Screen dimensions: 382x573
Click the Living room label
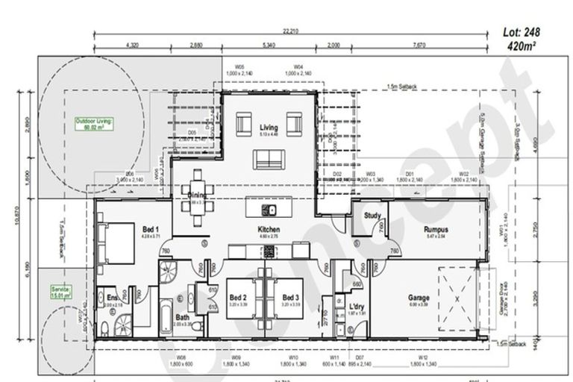point(268,128)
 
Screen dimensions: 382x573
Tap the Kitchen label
point(268,228)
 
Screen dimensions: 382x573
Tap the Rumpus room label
point(436,229)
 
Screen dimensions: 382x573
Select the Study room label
point(373,216)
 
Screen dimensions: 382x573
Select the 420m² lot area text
point(522,46)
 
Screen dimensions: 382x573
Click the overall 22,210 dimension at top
point(291,31)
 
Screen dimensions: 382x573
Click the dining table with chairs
point(198,198)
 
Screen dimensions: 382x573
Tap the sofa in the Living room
point(269,159)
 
